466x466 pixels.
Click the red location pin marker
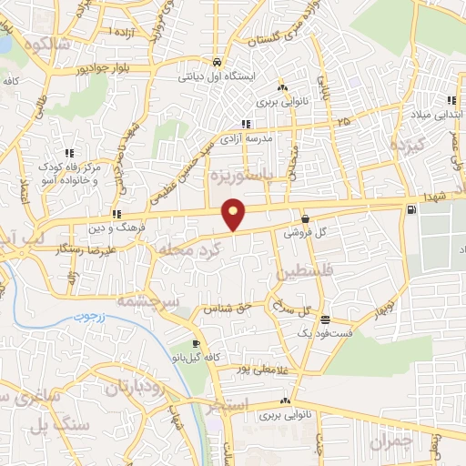click(235, 214)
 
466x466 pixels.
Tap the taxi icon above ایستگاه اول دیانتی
click(217, 63)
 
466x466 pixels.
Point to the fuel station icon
click(415, 211)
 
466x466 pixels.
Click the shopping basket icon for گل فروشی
click(304, 219)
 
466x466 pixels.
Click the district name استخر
click(227, 407)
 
